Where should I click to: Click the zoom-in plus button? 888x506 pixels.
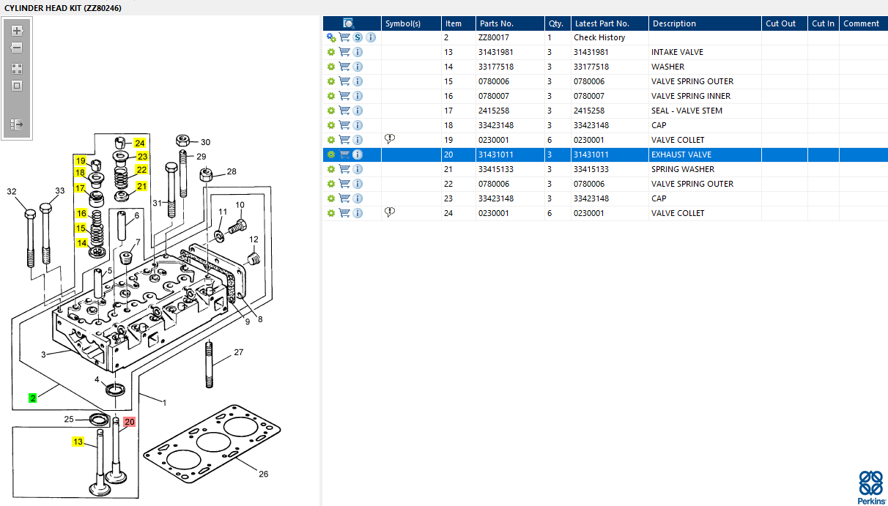point(17,31)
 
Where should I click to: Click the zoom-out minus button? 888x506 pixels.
point(17,48)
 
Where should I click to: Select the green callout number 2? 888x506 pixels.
point(32,398)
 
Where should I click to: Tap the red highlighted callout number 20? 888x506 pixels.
point(129,422)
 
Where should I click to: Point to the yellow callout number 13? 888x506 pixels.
point(78,442)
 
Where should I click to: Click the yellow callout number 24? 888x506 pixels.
point(139,143)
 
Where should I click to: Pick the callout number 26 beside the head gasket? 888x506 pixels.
point(263,474)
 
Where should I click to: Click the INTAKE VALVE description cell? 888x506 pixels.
point(677,52)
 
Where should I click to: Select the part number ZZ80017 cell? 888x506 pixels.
point(494,37)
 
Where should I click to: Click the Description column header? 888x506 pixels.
point(674,23)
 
